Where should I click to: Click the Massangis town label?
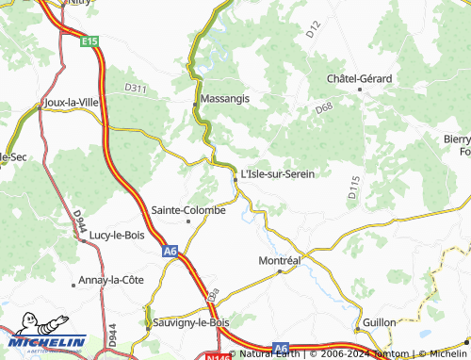pos(223,99)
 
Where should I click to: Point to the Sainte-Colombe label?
pos(188,210)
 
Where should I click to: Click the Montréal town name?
pos(279,259)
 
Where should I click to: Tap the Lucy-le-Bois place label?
pos(116,235)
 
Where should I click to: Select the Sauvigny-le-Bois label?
pos(190,322)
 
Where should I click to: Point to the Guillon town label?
pos(380,322)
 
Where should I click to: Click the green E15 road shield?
pos(89,41)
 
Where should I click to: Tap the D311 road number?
pos(136,89)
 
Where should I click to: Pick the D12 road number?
pos(314,30)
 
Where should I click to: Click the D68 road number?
pos(324,108)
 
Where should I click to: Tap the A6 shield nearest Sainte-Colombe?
pos(170,252)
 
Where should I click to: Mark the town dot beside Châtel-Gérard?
pos(360,90)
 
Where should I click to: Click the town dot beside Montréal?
pos(280,271)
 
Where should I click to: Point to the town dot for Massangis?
pos(195,100)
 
